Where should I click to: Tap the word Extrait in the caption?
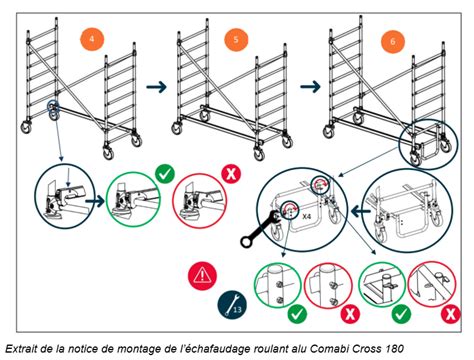point(21,347)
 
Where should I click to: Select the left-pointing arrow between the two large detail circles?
point(352,212)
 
